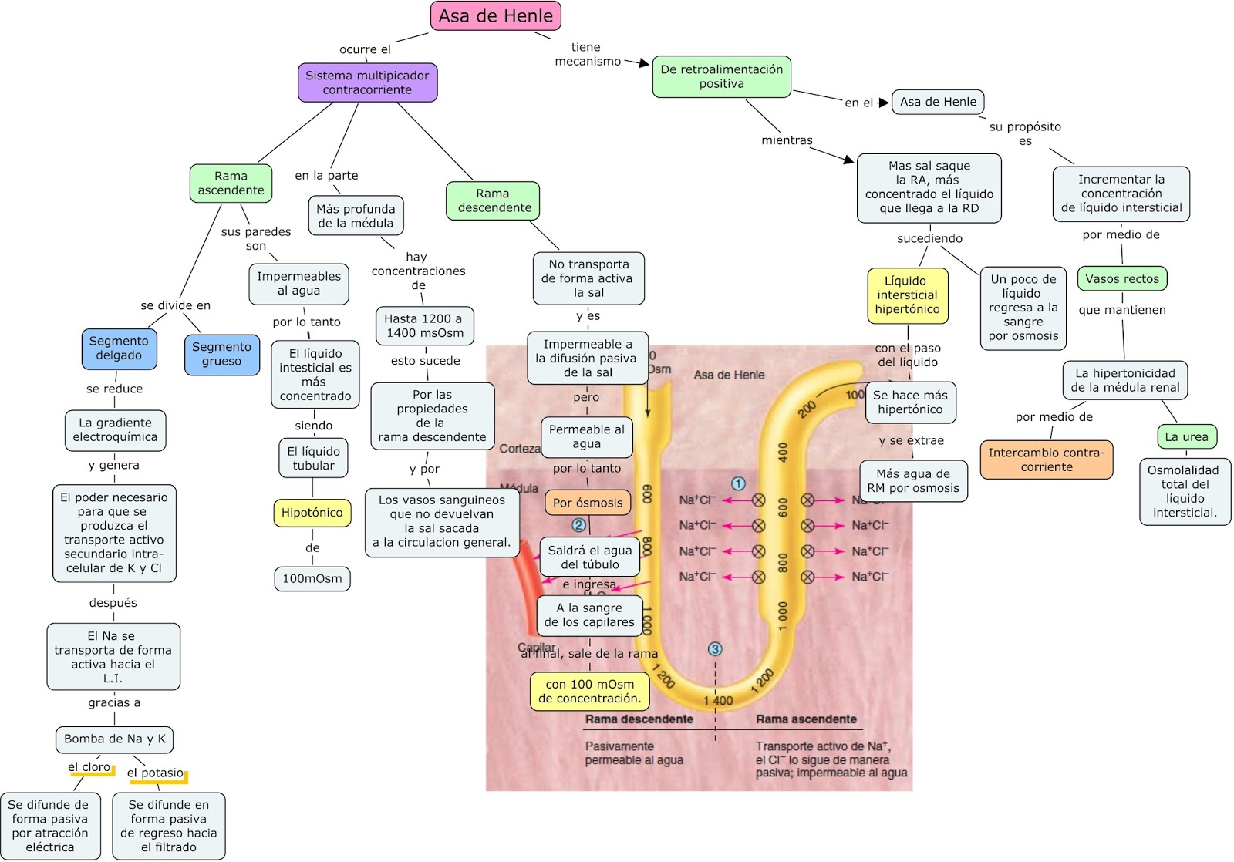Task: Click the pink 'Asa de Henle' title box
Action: click(x=495, y=16)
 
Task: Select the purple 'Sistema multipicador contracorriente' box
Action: click(x=367, y=82)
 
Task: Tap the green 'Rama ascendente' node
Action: click(x=231, y=184)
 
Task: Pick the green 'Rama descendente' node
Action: click(x=493, y=200)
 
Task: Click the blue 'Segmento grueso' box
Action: click(x=221, y=355)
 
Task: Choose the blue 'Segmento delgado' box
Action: click(x=119, y=349)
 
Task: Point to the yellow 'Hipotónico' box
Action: click(x=312, y=513)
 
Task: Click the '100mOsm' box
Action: click(x=312, y=579)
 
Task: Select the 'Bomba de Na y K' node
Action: click(x=114, y=739)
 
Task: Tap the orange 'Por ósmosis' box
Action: click(x=587, y=503)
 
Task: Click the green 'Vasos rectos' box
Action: click(x=1121, y=279)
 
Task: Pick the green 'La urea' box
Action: click(x=1186, y=437)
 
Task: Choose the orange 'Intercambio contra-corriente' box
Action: click(x=1046, y=460)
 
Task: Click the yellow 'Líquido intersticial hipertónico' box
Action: click(x=907, y=295)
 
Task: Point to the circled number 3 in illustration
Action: click(x=715, y=649)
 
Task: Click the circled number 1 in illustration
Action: click(x=738, y=483)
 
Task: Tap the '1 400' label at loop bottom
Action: click(x=718, y=701)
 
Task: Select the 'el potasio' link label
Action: click(x=156, y=773)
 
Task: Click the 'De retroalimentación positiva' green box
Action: click(x=721, y=76)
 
